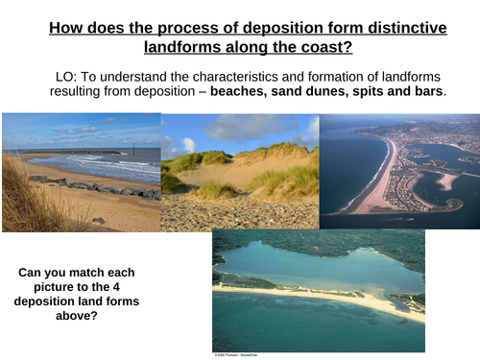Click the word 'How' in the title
pyautogui.click(x=66, y=28)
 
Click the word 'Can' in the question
pyautogui.click(x=32, y=274)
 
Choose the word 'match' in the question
pyautogui.click(x=97, y=274)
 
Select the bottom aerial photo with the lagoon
pyautogui.click(x=318, y=288)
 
